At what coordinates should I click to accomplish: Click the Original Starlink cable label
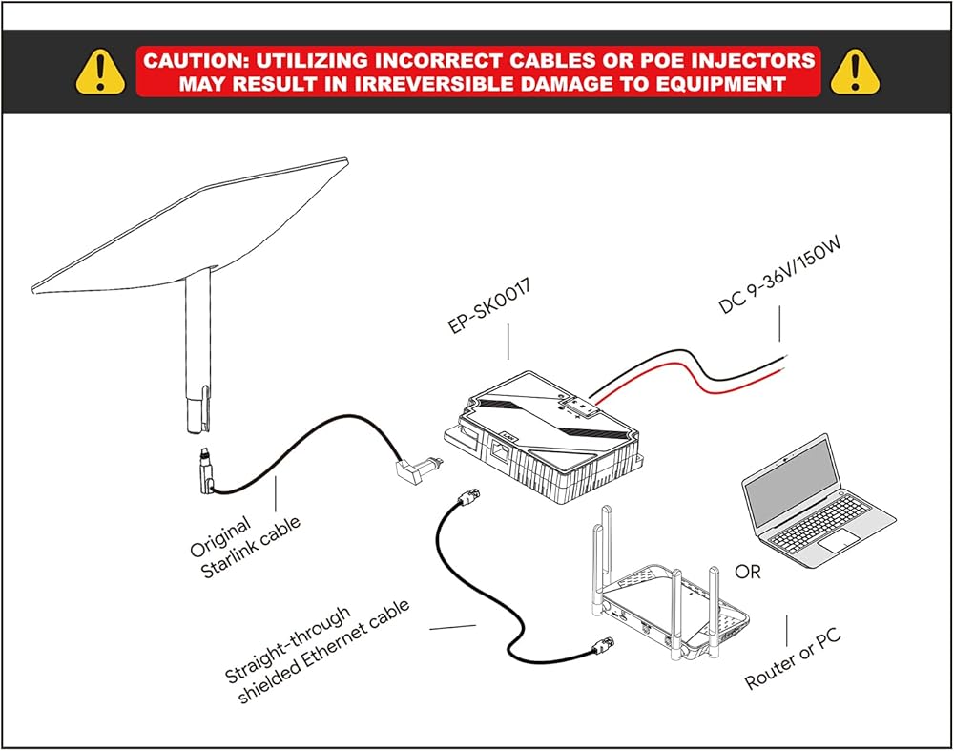click(x=244, y=547)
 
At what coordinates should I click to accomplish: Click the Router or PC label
click(x=793, y=659)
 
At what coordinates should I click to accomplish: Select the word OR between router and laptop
click(x=748, y=572)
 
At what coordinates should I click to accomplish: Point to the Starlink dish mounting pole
click(x=198, y=353)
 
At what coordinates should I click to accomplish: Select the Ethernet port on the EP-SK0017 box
click(x=500, y=452)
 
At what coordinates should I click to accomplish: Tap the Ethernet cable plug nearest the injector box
click(x=467, y=498)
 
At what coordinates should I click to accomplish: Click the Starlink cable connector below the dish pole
click(x=206, y=471)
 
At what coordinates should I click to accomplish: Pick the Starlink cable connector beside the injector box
click(x=419, y=470)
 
